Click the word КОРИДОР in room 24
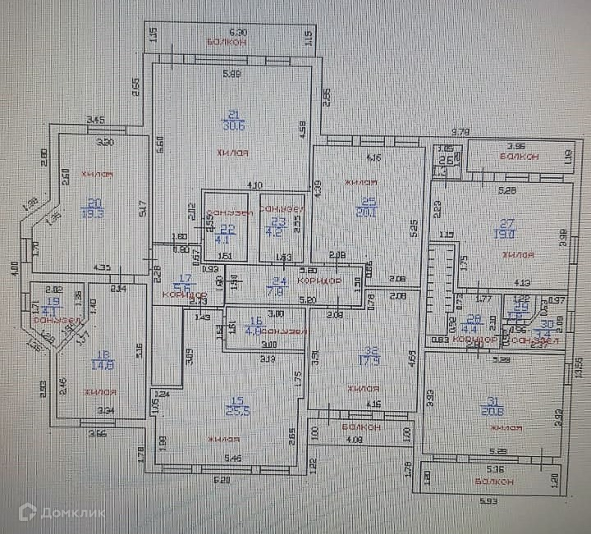[319, 281]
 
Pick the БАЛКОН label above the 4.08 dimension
[360, 427]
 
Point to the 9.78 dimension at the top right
[460, 131]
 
